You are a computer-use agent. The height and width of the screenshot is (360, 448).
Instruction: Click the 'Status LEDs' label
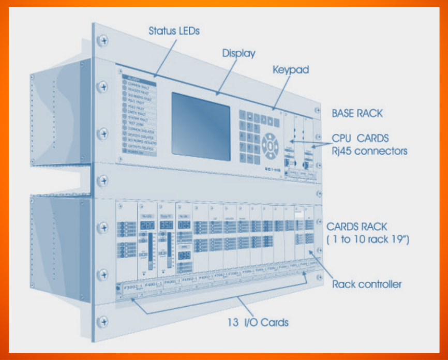coord(174,31)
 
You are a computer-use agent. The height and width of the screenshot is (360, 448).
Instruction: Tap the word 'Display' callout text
coord(238,53)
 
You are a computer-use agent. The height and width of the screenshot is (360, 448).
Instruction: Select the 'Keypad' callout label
coord(290,69)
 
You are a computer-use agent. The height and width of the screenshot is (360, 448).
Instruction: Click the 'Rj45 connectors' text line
coord(369,152)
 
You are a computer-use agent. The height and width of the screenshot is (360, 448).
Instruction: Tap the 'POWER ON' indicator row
coord(139,153)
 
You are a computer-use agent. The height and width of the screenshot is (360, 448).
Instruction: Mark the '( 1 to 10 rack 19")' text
coord(368,239)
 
